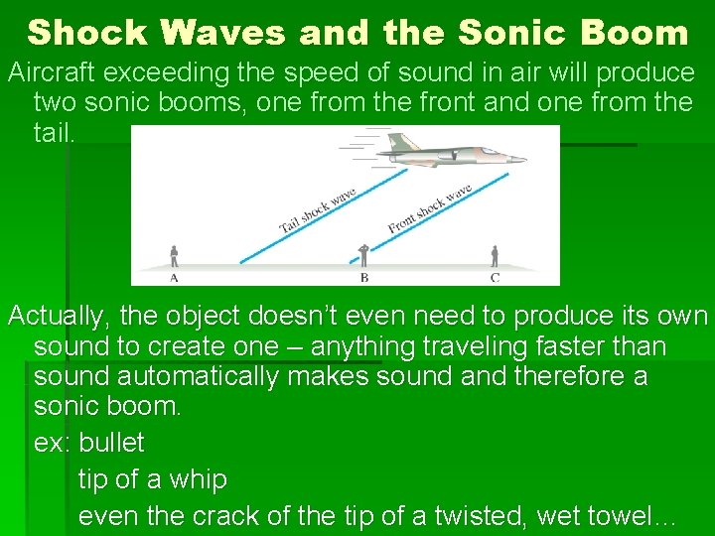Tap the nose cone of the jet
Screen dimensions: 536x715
click(520, 160)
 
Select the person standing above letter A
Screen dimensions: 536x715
click(174, 256)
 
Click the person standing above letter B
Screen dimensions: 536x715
click(364, 254)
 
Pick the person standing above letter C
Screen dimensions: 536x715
click(494, 256)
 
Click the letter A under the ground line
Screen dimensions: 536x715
click(174, 277)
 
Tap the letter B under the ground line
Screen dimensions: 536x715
click(364, 278)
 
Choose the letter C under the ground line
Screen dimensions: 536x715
click(495, 277)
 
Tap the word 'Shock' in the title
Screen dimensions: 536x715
click(87, 33)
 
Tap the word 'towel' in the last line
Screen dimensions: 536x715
click(621, 516)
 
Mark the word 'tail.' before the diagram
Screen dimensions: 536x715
click(54, 132)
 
